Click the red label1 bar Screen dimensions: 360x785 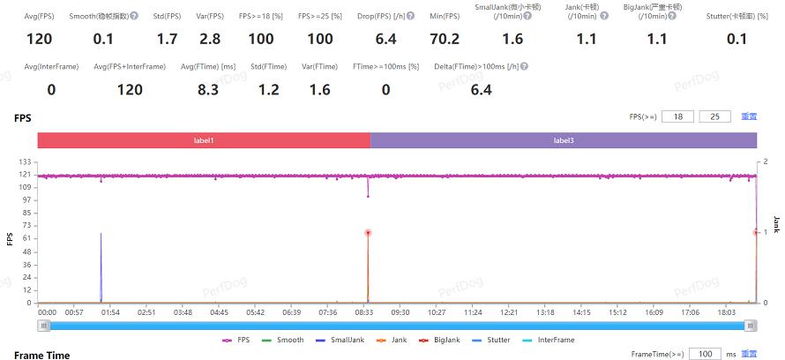point(204,140)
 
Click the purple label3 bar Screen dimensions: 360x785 point(564,140)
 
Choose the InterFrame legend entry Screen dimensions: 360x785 point(556,340)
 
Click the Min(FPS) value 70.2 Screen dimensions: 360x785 point(444,39)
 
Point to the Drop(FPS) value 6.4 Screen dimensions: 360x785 point(386,39)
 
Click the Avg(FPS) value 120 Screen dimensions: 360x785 point(40,39)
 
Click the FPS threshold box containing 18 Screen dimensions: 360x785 point(677,116)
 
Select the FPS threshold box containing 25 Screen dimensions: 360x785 point(714,116)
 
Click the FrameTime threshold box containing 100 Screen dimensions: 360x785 point(705,354)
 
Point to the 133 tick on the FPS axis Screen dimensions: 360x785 point(26,161)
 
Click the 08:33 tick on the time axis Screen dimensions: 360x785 point(364,311)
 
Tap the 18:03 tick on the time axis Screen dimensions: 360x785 point(726,311)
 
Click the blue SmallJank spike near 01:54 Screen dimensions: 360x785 point(101,265)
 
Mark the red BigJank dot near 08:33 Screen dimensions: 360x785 point(368,232)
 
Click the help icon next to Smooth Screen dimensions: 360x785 point(134,16)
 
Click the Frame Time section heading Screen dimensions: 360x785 point(41,354)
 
